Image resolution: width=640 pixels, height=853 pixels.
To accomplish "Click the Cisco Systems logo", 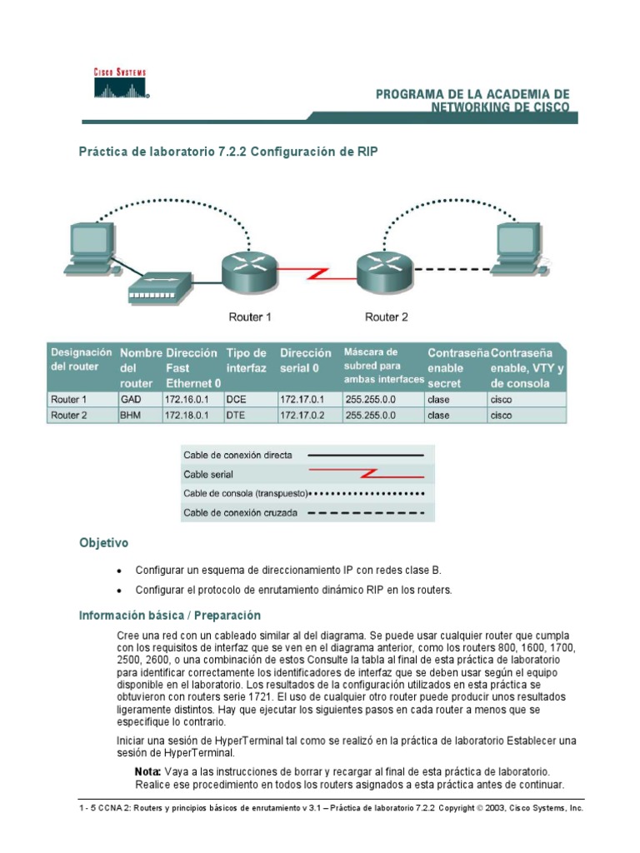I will click(120, 82).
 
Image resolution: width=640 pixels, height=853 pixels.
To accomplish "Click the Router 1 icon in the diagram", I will click(248, 271).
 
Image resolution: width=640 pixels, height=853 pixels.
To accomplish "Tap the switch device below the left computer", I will click(156, 287).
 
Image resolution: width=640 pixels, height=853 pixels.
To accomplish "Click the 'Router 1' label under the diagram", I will click(250, 317).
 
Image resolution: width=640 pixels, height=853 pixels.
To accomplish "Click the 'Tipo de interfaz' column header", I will click(247, 361).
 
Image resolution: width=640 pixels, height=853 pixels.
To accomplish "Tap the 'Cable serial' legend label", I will click(209, 475).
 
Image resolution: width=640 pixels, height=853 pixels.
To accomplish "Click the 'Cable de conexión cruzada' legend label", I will click(240, 513).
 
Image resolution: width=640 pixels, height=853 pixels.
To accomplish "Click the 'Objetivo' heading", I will click(103, 543).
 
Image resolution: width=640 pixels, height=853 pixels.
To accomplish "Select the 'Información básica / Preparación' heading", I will click(170, 616).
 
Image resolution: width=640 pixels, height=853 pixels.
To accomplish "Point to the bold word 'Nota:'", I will click(148, 771).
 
